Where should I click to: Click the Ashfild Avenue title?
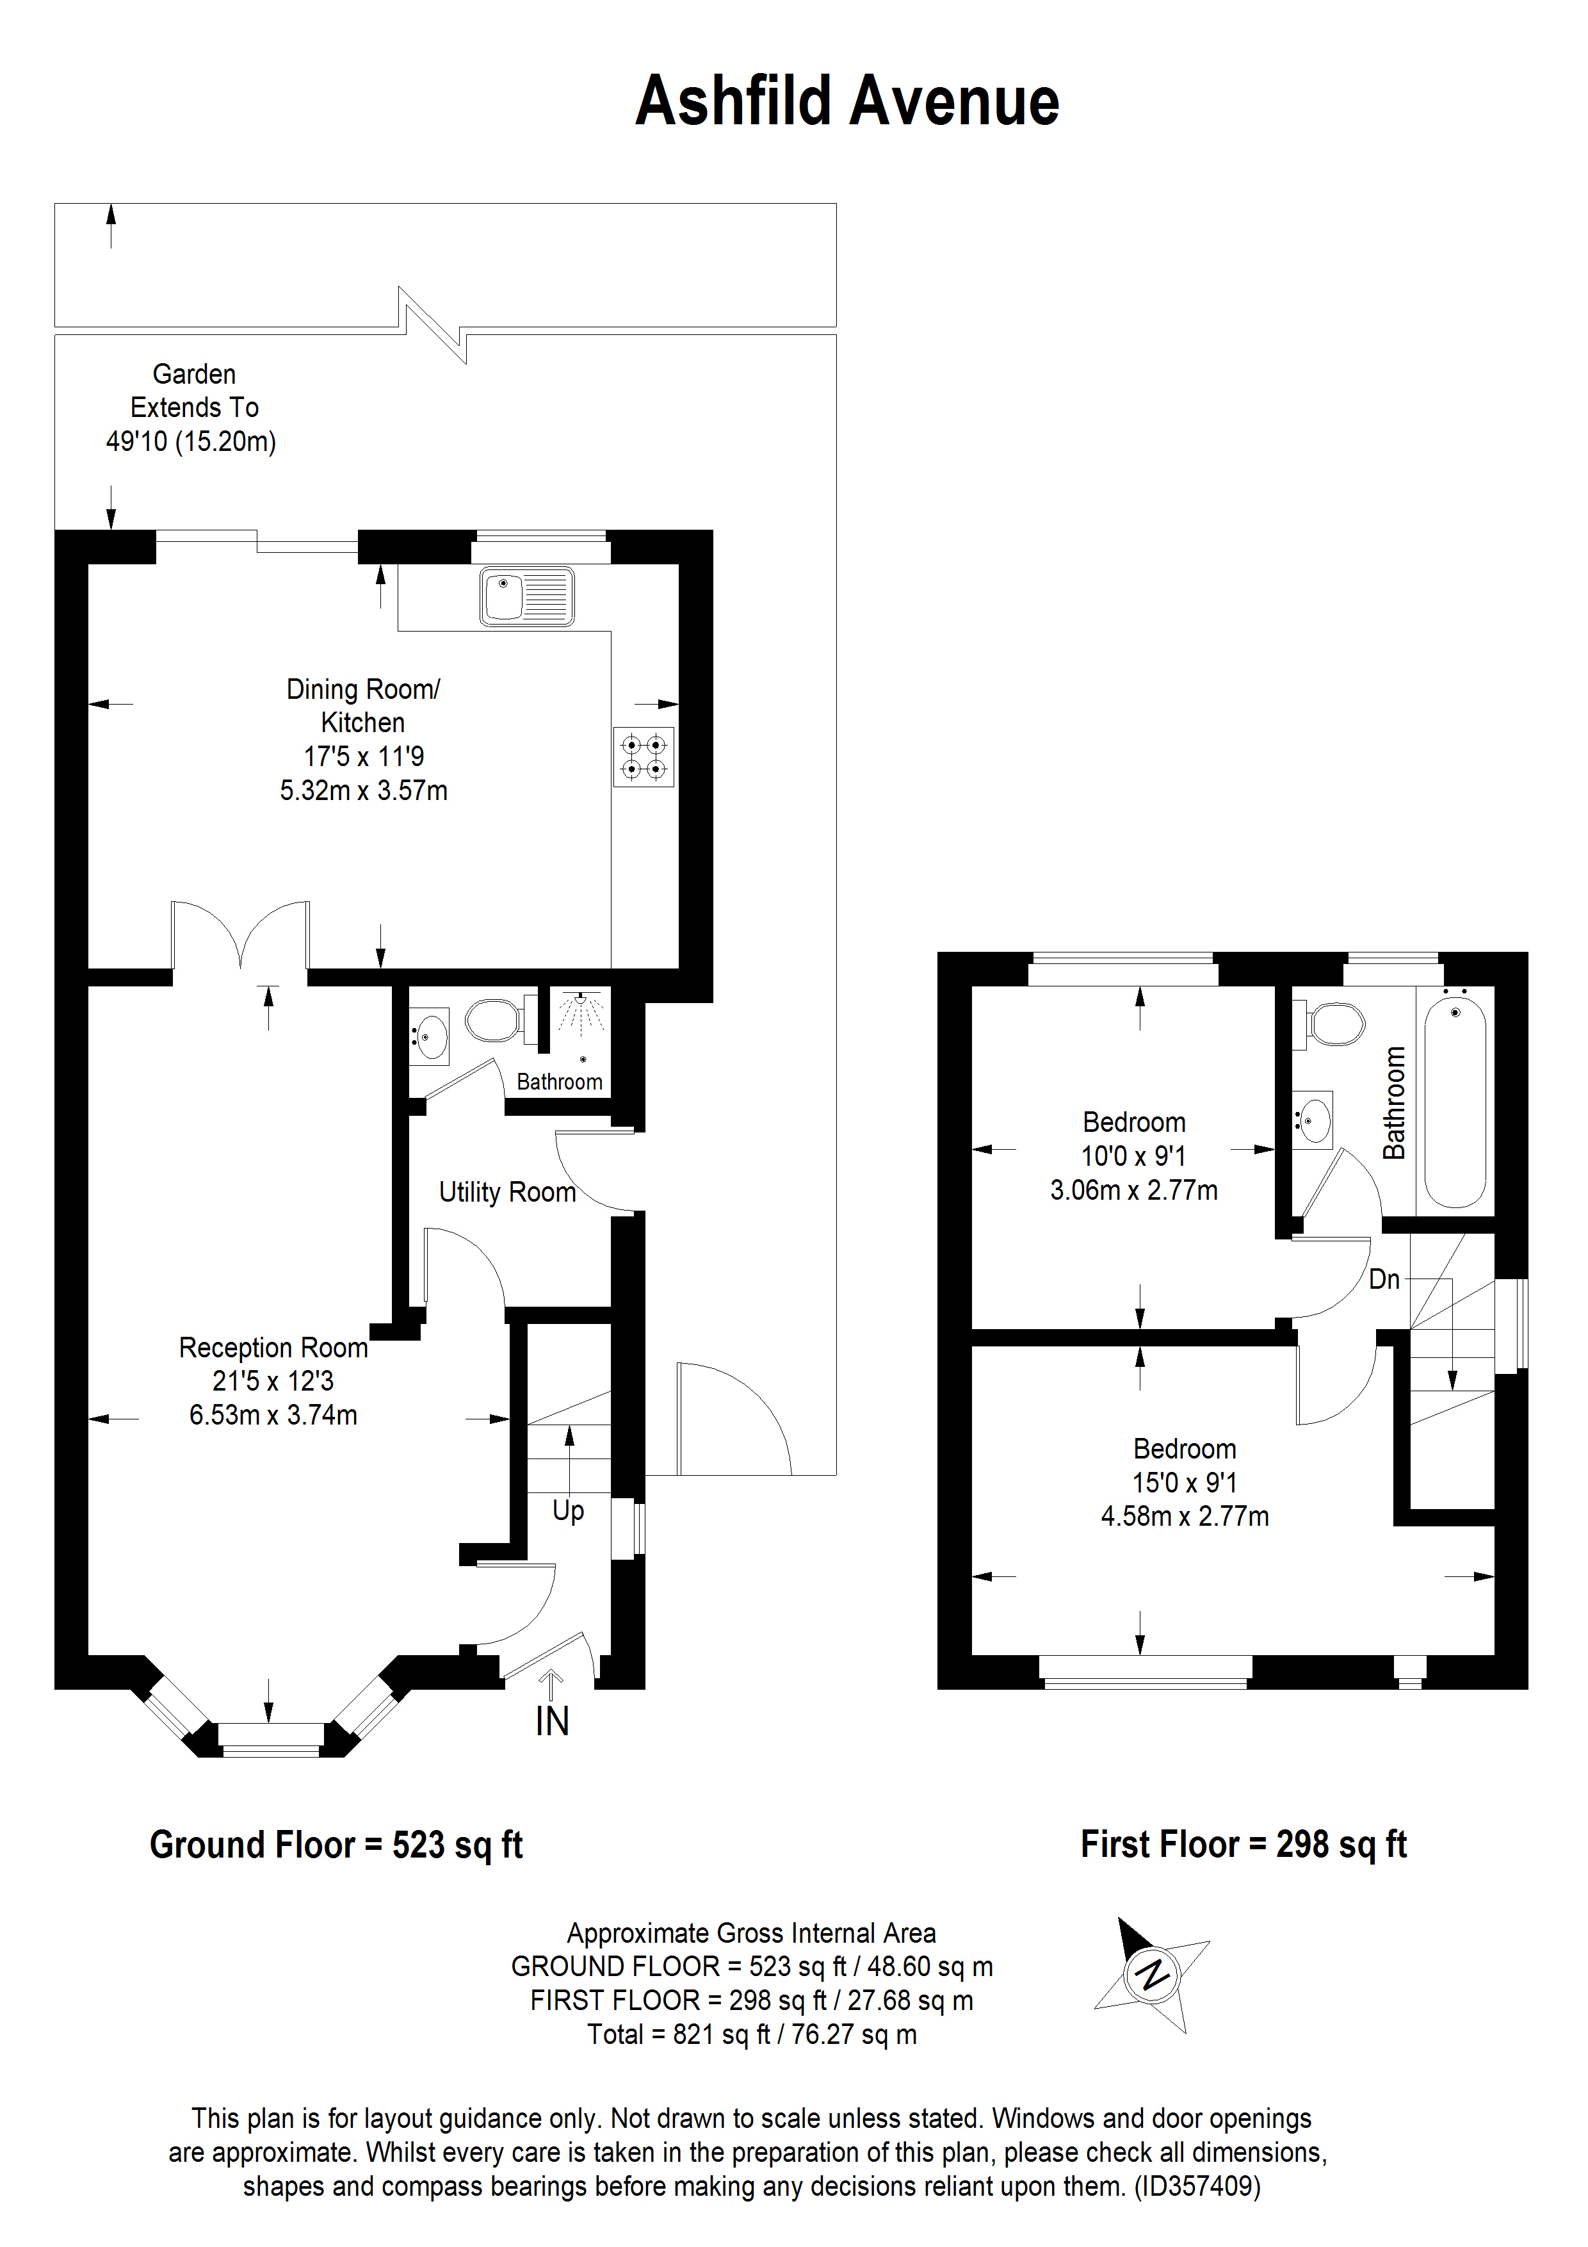click(x=847, y=102)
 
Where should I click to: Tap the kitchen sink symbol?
click(x=526, y=596)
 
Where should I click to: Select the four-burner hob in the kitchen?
click(x=644, y=756)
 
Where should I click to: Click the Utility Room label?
click(x=507, y=1192)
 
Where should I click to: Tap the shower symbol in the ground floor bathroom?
click(x=582, y=1012)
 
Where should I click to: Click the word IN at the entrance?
click(x=552, y=1722)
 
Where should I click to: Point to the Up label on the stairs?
click(x=569, y=1510)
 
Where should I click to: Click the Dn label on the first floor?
click(x=1384, y=1279)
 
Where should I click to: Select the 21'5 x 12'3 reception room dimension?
click(x=273, y=1381)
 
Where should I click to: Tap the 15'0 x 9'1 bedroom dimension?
click(x=1184, y=1483)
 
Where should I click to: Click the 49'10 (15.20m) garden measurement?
click(x=191, y=441)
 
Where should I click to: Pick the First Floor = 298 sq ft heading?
click(x=1243, y=1845)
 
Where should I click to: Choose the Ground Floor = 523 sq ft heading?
click(x=336, y=1845)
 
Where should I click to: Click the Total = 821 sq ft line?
click(x=752, y=2034)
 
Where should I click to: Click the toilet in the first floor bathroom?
click(x=1336, y=1025)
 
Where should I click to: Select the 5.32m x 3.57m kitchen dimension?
click(x=363, y=791)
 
